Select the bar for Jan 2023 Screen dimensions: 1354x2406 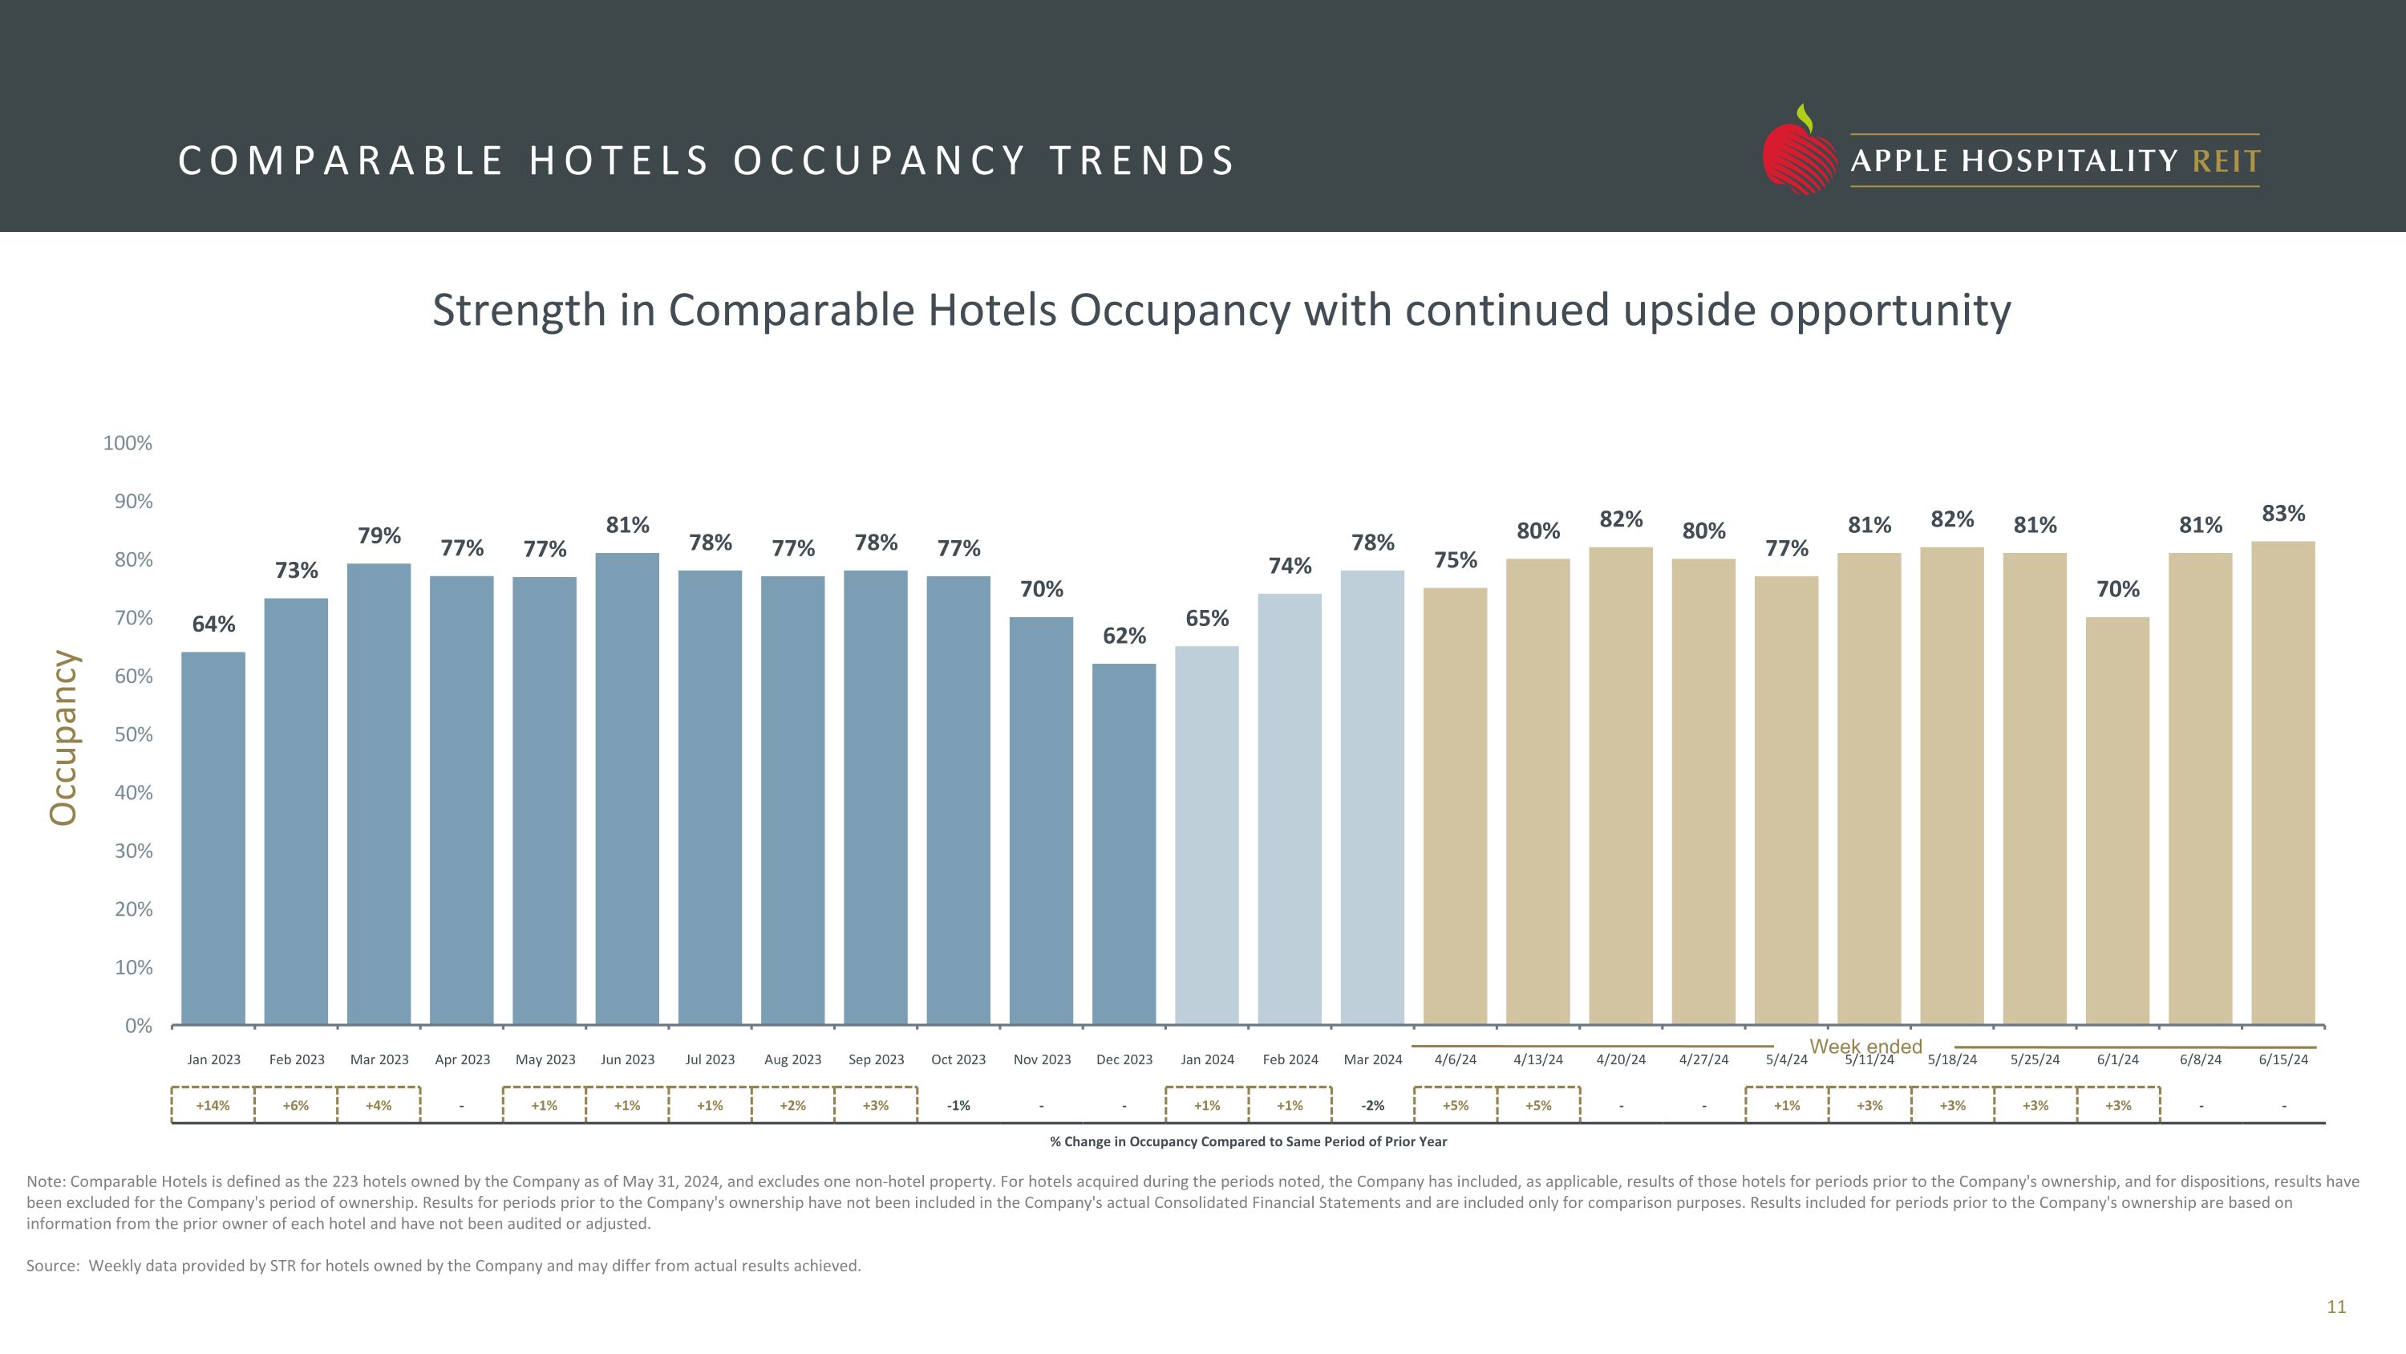(213, 837)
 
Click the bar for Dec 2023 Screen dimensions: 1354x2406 (1124, 844)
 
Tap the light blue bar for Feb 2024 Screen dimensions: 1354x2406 (1289, 808)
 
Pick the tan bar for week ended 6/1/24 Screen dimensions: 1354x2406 (2117, 820)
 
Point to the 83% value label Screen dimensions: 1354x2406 (2282, 513)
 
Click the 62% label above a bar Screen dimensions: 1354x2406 (1124, 636)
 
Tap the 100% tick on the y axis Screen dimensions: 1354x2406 (128, 443)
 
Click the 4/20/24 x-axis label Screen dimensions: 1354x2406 (1621, 1059)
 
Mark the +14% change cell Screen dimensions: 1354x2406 (213, 1105)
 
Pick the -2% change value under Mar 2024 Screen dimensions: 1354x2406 (1372, 1105)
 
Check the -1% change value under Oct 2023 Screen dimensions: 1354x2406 (958, 1105)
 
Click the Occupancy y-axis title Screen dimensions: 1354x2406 (63, 738)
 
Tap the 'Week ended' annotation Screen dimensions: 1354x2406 (1865, 1047)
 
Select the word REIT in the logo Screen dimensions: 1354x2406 (2226, 161)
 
